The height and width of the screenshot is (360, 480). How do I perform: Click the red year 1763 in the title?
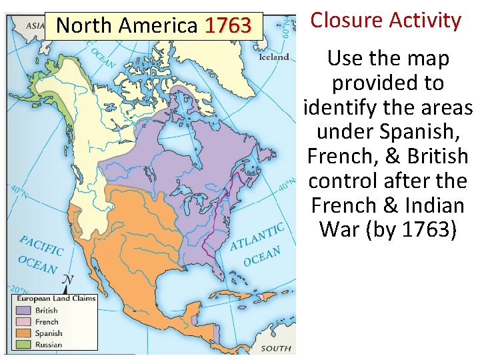coord(228,26)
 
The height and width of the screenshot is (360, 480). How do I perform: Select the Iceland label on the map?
coord(274,57)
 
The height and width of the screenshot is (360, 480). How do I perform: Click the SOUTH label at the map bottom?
coord(275,348)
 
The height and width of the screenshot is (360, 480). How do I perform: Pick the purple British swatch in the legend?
coord(24,311)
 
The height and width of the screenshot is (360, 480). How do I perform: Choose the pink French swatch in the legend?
coord(24,322)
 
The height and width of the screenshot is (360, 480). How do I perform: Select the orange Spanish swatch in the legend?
coord(24,333)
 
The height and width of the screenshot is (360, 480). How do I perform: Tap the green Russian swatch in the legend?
coord(24,345)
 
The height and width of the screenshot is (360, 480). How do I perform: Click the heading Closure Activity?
coord(385,21)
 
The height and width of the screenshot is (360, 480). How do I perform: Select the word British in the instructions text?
coord(437,156)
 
